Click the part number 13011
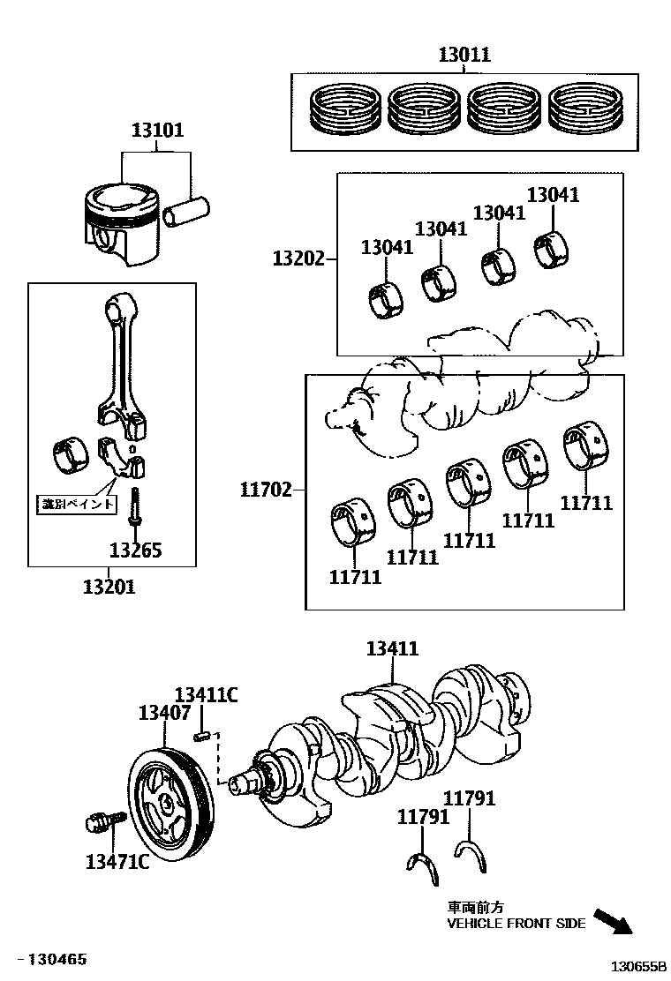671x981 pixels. pyautogui.click(x=464, y=56)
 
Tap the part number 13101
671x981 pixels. pyautogui.click(x=157, y=131)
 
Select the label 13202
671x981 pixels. pyautogui.click(x=298, y=258)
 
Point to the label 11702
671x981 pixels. pyautogui.click(x=266, y=489)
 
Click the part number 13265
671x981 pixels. pyautogui.click(x=136, y=550)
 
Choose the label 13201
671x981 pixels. pyautogui.click(x=109, y=586)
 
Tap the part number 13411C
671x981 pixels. pyautogui.click(x=206, y=695)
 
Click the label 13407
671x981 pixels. pyautogui.click(x=164, y=713)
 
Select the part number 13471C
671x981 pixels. pyautogui.click(x=117, y=861)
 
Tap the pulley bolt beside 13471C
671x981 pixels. pyautogui.click(x=98, y=823)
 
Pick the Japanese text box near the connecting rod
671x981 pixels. pyautogui.click(x=78, y=504)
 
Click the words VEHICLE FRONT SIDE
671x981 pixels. pyautogui.click(x=516, y=924)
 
